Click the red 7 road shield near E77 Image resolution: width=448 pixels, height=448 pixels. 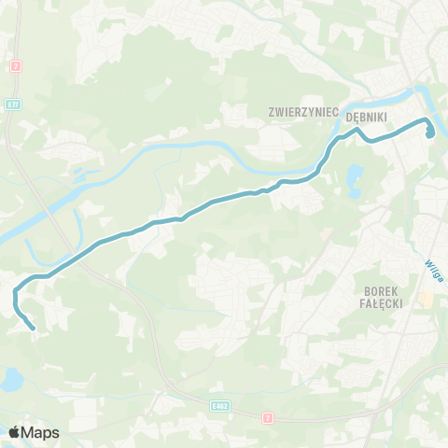pos(16,66)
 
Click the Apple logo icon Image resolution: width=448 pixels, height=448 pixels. pos(14,432)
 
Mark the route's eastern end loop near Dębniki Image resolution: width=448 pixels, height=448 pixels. pos(430,132)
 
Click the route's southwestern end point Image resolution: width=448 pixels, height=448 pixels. pos(34,328)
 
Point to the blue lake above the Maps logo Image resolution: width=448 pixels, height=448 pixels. pos(11,379)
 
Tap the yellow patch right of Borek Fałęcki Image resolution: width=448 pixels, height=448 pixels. pos(427,300)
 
